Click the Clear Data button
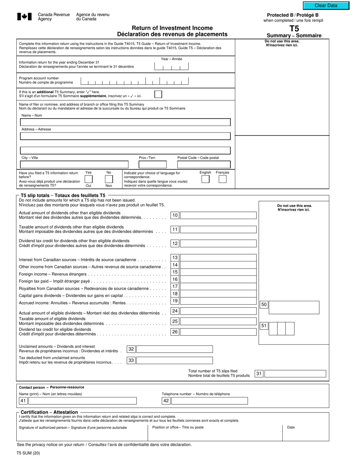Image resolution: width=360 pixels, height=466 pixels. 326,6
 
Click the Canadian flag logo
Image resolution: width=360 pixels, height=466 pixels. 24,17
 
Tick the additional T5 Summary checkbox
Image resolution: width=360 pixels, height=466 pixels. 158,94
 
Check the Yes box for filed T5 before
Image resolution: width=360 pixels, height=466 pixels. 88,179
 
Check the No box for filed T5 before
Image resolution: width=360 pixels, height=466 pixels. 109,179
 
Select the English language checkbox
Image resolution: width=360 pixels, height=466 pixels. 205,179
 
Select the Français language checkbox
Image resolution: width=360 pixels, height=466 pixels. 222,179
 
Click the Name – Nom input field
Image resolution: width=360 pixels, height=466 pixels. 125,122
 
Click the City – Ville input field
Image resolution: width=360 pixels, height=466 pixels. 74,164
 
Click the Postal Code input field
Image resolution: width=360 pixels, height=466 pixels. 203,164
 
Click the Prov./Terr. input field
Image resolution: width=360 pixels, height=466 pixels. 152,164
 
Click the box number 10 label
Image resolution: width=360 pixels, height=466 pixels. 175,215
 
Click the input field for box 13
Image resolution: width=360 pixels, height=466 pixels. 218,258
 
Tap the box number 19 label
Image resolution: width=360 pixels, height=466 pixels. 175,301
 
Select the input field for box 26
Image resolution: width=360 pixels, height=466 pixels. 218,332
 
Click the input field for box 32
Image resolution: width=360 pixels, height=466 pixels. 174,349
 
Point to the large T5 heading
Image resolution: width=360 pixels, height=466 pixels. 294,28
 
